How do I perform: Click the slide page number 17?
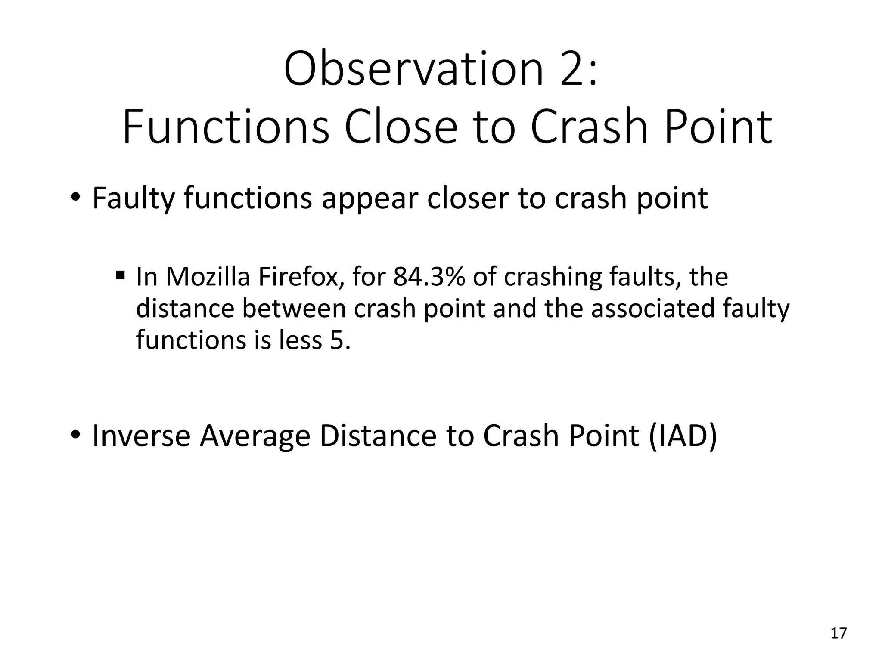838,633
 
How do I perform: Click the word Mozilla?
208,277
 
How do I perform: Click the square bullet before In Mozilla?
120,274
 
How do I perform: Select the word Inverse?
141,436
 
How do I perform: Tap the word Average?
255,436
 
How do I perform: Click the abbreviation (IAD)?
682,436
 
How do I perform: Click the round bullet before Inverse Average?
75,435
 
